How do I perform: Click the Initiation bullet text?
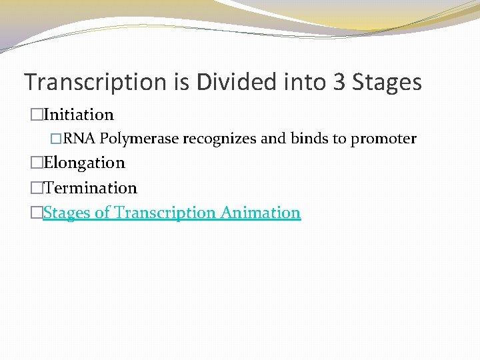coord(79,115)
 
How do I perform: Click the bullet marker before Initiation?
coord(37,115)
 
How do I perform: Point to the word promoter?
coord(383,139)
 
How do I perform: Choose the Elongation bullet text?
coord(84,163)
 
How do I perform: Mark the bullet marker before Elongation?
coord(37,163)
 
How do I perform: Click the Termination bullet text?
coord(90,188)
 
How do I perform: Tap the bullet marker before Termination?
coord(37,189)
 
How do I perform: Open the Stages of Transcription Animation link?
coord(172,213)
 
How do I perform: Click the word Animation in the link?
coord(261,213)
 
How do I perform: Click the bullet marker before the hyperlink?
coord(37,213)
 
